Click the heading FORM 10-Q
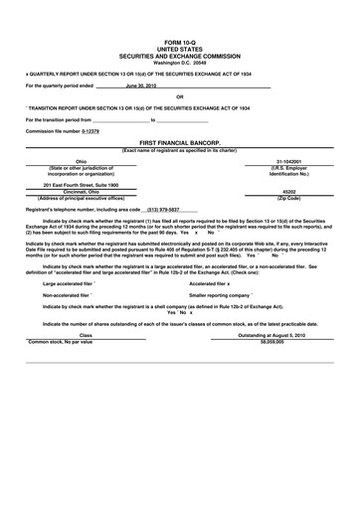pyautogui.click(x=180, y=43)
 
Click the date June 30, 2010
pyautogui.click(x=140, y=85)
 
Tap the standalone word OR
pyautogui.click(x=180, y=96)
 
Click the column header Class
pyautogui.click(x=86, y=335)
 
